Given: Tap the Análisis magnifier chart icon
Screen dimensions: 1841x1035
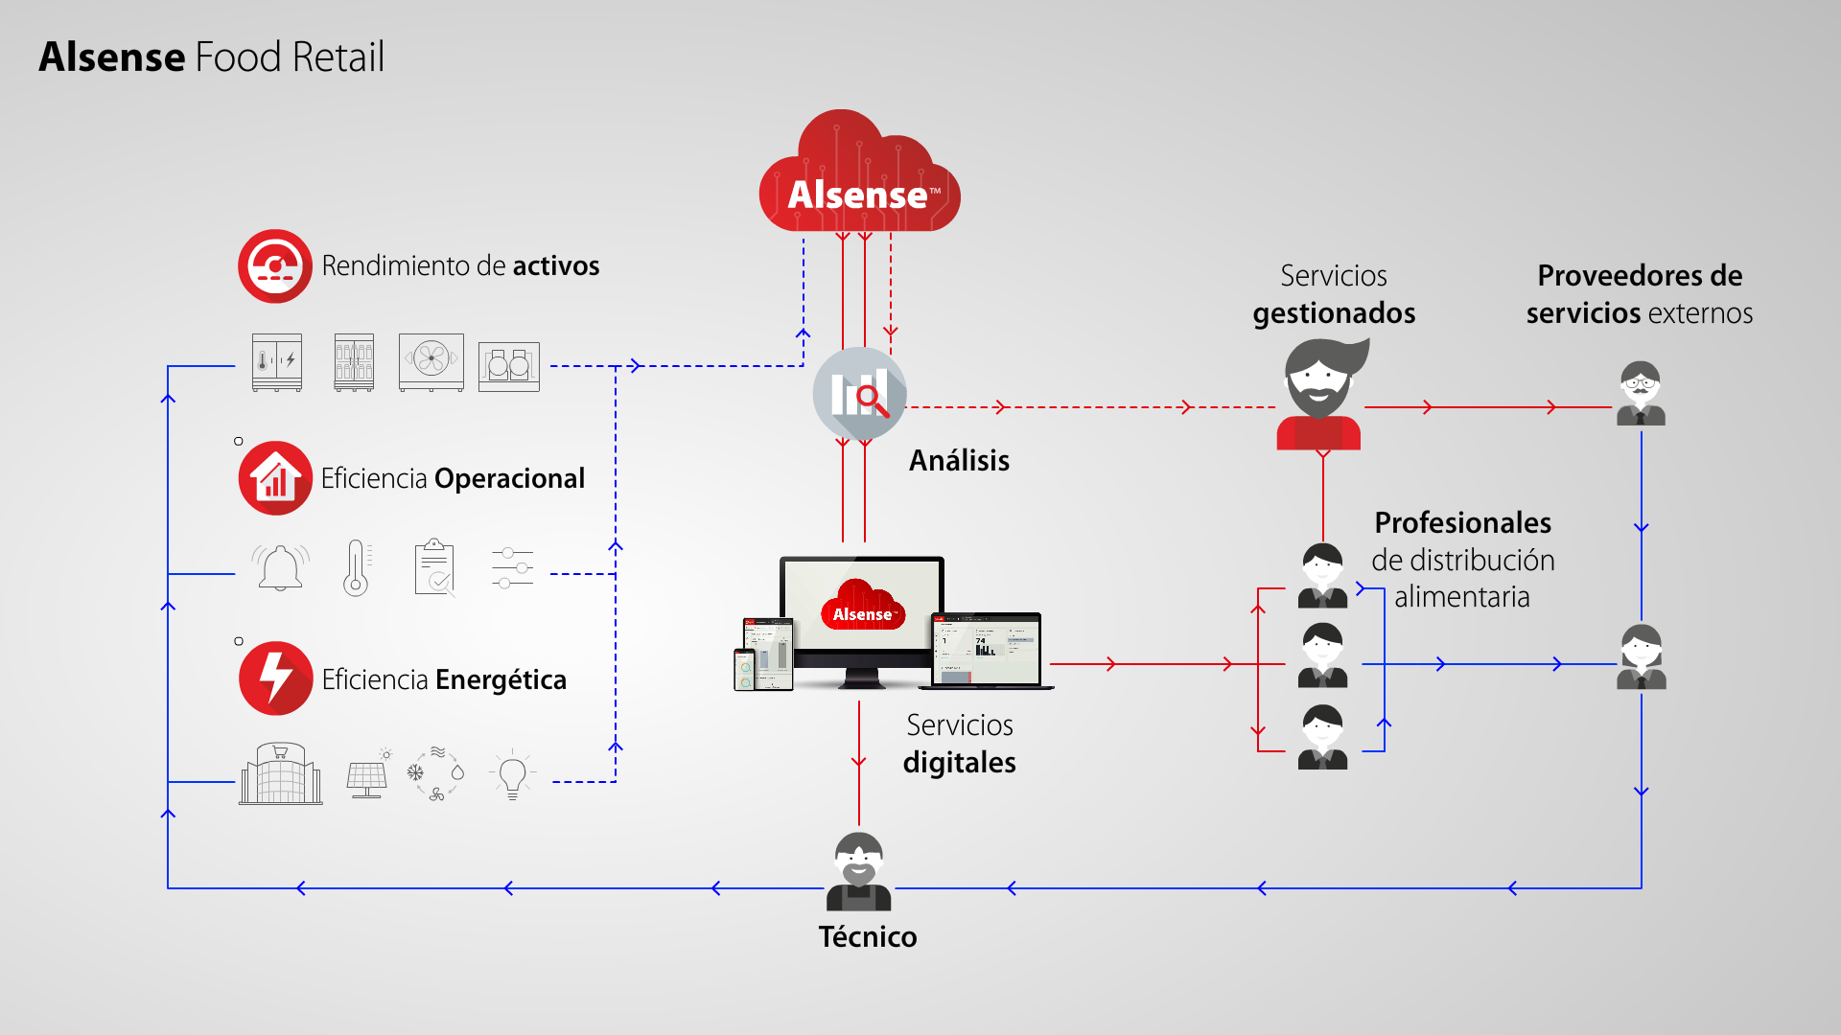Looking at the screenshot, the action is click(x=859, y=394).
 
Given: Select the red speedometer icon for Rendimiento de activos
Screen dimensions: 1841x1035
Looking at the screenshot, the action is click(x=275, y=266).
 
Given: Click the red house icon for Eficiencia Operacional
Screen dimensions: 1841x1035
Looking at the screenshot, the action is click(x=275, y=478).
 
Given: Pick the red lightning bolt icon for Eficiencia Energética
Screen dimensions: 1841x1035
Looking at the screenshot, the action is click(x=275, y=678).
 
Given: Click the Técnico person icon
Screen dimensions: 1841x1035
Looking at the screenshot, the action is click(x=858, y=871).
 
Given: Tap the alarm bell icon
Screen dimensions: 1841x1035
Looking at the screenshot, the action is click(x=280, y=567).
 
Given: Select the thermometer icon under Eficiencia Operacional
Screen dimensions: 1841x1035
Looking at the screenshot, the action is click(x=356, y=568).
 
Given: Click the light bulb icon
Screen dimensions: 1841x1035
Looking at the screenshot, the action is click(x=512, y=774).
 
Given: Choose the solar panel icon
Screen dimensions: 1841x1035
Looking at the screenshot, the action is click(x=367, y=773).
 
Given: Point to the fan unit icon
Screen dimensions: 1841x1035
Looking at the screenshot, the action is click(x=431, y=362).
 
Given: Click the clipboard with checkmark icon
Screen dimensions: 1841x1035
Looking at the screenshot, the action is click(x=435, y=567).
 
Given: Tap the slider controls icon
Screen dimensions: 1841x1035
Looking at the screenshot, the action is click(x=512, y=567).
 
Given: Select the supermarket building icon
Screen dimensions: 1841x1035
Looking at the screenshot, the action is click(x=281, y=773).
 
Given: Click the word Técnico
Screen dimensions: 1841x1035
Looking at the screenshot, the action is click(x=868, y=937).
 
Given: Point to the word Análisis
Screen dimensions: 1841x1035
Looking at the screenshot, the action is click(x=959, y=460).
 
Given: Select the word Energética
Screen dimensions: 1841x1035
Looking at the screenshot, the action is click(x=501, y=679).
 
